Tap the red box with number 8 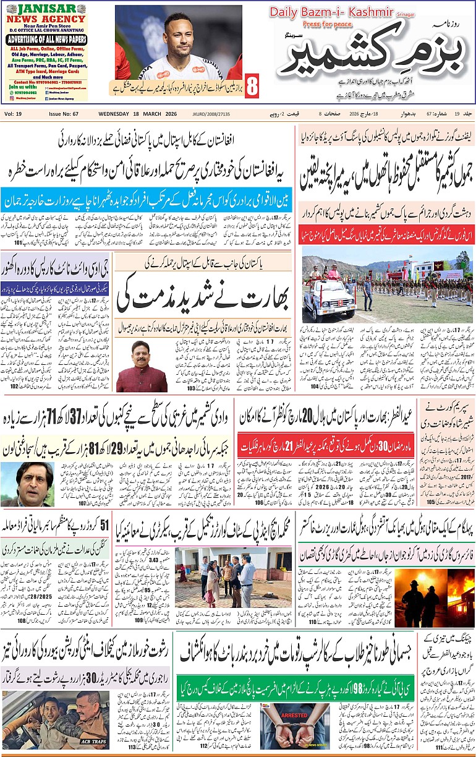252,87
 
